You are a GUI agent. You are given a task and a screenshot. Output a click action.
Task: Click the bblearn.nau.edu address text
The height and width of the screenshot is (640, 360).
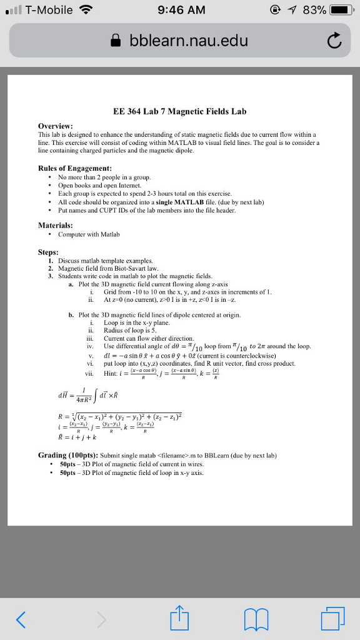click(x=189, y=41)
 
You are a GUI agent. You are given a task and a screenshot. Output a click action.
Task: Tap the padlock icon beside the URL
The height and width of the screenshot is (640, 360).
click(x=116, y=41)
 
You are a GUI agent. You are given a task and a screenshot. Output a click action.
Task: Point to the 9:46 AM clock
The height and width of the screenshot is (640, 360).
click(x=180, y=10)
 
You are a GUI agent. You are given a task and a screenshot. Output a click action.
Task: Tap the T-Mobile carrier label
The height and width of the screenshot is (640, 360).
click(x=49, y=10)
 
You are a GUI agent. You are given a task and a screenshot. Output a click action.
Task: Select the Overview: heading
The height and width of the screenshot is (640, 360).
click(x=56, y=125)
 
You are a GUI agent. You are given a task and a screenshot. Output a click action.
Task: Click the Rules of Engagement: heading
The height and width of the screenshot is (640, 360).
click(x=75, y=168)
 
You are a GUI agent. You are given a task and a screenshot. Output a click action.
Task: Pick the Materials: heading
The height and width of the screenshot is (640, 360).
click(x=56, y=225)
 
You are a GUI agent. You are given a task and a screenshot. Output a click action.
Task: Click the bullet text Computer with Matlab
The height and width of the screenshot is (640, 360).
click(x=89, y=234)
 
